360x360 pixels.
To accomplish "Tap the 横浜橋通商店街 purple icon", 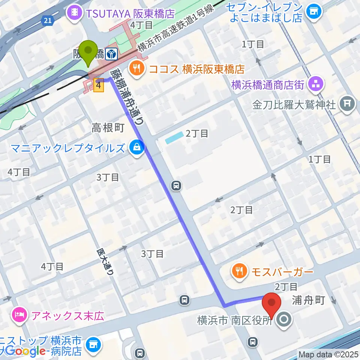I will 315,85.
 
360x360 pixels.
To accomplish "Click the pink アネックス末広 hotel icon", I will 19,314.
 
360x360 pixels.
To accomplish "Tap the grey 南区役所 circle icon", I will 283,320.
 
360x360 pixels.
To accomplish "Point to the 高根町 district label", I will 108,128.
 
